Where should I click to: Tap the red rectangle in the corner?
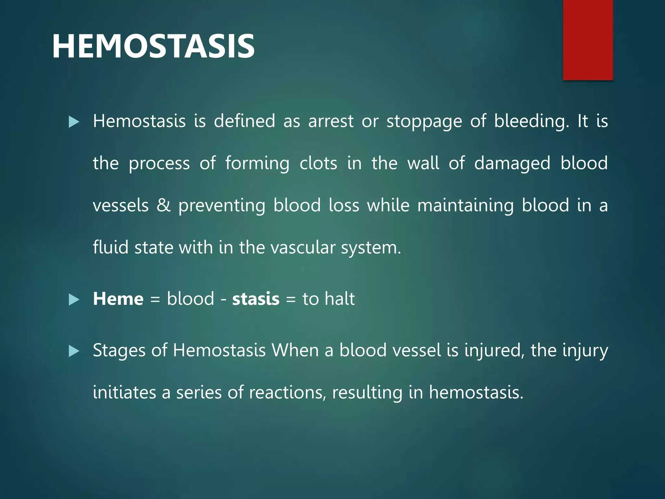click(588, 40)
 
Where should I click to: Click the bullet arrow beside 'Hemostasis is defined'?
click(74, 122)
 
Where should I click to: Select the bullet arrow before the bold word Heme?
click(74, 300)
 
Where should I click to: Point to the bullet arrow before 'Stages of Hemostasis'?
click(74, 351)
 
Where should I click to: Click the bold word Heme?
click(118, 299)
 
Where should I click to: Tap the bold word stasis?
click(256, 299)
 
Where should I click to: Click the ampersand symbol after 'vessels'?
click(163, 205)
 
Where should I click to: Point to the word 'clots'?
click(318, 163)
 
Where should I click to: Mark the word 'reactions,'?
click(287, 392)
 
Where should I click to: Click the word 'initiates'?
click(124, 392)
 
